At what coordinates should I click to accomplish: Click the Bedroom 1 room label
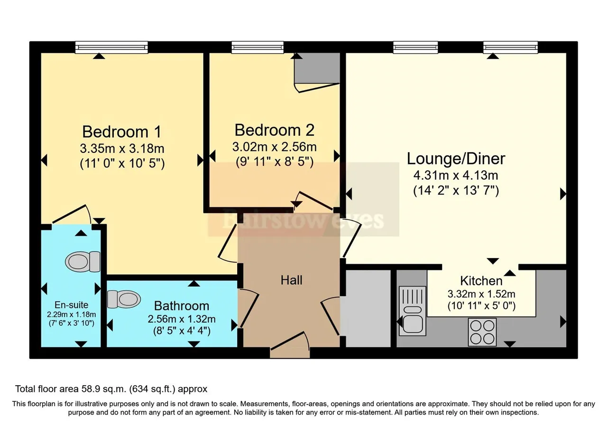pyautogui.click(x=122, y=132)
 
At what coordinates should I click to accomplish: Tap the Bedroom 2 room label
pyautogui.click(x=274, y=130)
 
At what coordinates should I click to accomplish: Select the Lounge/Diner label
pyautogui.click(x=456, y=159)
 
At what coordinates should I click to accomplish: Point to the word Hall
pyautogui.click(x=291, y=280)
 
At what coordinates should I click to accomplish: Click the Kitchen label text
pyautogui.click(x=481, y=281)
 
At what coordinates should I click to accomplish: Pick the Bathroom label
pyautogui.click(x=182, y=306)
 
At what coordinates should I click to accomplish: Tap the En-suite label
pyautogui.click(x=71, y=305)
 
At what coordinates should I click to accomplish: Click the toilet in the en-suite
pyautogui.click(x=83, y=261)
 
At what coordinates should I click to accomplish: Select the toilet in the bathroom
pyautogui.click(x=124, y=299)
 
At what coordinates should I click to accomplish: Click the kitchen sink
pyautogui.click(x=413, y=311)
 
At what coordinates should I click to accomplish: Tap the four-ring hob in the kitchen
pyautogui.click(x=482, y=332)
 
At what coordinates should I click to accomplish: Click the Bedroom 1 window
pyautogui.click(x=111, y=47)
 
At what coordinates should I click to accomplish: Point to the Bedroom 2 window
pyautogui.click(x=258, y=47)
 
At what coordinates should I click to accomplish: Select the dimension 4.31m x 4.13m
pyautogui.click(x=456, y=176)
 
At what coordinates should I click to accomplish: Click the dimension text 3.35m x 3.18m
pyautogui.click(x=122, y=148)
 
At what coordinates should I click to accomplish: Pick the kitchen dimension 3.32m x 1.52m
pyautogui.click(x=481, y=294)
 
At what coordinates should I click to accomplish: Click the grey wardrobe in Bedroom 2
pyautogui.click(x=317, y=68)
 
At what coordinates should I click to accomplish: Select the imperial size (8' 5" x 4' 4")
pyautogui.click(x=182, y=331)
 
